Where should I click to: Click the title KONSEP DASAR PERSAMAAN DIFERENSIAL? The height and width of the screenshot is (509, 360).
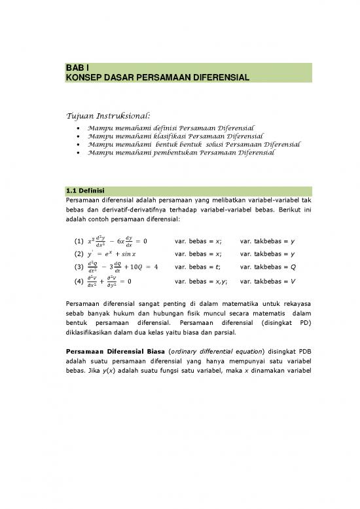(157, 77)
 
